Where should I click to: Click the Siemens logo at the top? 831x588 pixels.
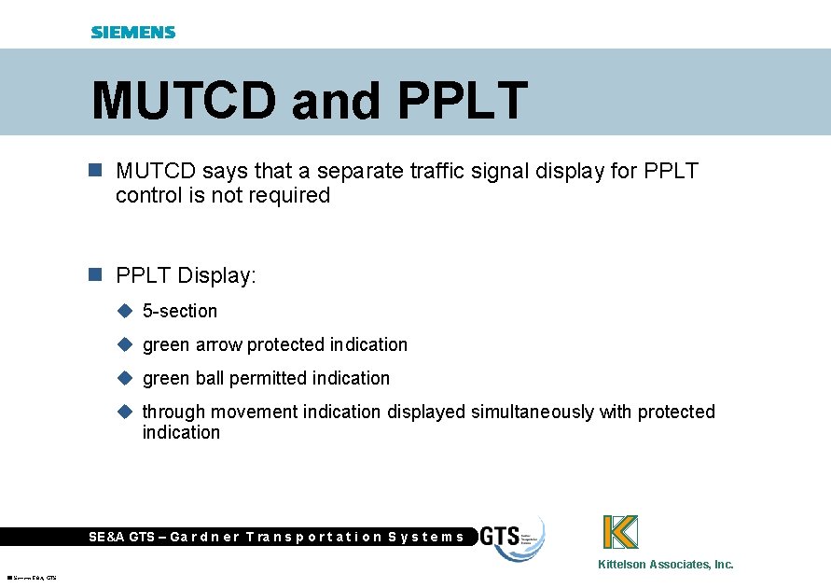[x=132, y=32]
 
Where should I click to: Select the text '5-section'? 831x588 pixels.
[x=180, y=312]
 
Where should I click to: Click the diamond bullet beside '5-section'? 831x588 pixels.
[x=125, y=311]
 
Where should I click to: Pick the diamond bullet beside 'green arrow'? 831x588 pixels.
[x=125, y=344]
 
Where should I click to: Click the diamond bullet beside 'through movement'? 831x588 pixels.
[x=125, y=412]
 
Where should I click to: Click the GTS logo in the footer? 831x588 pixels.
[x=511, y=538]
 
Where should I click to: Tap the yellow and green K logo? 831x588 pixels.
[x=620, y=532]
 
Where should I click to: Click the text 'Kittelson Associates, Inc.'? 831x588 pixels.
[x=666, y=565]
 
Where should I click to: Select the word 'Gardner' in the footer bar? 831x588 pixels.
[x=205, y=537]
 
